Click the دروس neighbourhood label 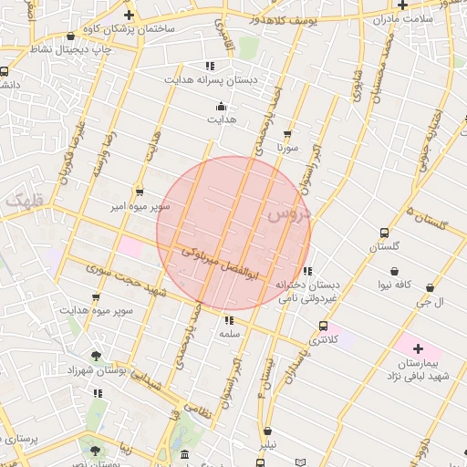click(x=288, y=215)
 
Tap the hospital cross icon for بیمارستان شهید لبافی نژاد click(x=419, y=348)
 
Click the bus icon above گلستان click(x=384, y=233)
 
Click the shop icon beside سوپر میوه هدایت click(x=96, y=297)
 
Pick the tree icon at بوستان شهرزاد click(x=97, y=356)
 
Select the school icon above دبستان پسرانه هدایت click(x=210, y=66)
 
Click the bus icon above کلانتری click(x=323, y=326)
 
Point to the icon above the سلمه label click(x=228, y=320)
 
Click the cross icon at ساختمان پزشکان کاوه click(x=129, y=15)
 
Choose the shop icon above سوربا click(x=289, y=133)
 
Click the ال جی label click(x=429, y=302)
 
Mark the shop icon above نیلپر click(x=267, y=431)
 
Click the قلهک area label click(x=22, y=199)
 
